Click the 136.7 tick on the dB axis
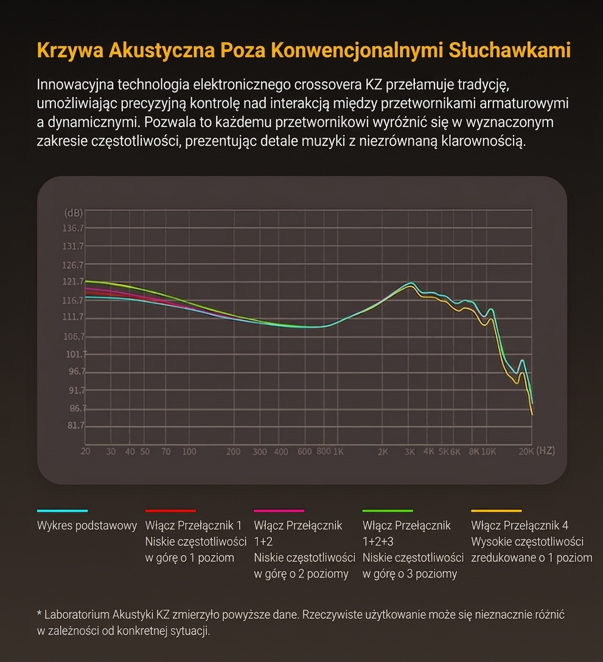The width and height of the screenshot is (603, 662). tap(73, 228)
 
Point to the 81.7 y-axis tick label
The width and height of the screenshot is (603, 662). tap(76, 425)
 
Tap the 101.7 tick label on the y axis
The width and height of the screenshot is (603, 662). tap(77, 354)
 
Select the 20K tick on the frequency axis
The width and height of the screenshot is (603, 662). tap(526, 451)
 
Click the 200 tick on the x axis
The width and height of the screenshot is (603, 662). tap(233, 451)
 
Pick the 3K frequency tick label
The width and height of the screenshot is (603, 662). tap(409, 451)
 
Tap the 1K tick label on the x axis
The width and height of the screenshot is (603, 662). tap(338, 451)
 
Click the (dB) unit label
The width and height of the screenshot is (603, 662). tap(74, 212)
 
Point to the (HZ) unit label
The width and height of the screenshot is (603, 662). tap(545, 450)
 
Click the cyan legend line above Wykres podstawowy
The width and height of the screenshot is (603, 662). tap(63, 511)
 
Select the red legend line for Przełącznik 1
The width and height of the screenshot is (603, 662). tap(170, 511)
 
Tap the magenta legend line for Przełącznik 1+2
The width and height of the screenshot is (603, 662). tap(279, 511)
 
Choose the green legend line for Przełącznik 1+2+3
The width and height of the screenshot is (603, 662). tap(388, 511)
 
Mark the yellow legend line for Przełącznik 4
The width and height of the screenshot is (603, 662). tap(497, 511)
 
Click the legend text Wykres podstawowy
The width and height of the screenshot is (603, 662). tap(87, 526)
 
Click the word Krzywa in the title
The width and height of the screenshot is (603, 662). tap(70, 51)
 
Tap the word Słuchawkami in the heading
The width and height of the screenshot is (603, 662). tap(510, 50)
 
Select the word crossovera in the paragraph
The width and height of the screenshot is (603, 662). tap(328, 85)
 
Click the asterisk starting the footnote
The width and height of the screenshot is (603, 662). tap(40, 613)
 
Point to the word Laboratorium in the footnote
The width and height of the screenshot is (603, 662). tap(77, 615)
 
